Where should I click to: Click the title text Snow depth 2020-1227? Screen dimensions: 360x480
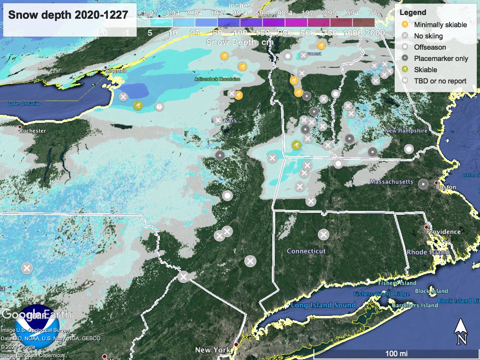click(68, 15)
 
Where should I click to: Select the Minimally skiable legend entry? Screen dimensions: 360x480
click(440, 24)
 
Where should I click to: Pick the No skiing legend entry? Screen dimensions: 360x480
click(428, 36)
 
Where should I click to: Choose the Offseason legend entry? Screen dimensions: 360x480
click(430, 47)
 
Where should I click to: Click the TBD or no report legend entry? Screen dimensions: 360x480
click(440, 81)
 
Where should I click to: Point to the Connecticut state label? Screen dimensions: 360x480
click(306, 251)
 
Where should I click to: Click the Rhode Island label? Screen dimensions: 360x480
click(427, 252)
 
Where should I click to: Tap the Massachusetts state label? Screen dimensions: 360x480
click(391, 181)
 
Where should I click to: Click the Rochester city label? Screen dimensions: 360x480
click(32, 131)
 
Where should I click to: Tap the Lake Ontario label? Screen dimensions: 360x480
click(23, 104)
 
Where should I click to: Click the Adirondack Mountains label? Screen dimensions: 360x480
click(217, 79)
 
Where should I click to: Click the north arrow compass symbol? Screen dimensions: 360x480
click(461, 330)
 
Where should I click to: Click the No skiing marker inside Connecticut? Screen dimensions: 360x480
click(323, 234)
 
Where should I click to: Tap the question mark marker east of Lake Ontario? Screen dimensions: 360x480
click(159, 107)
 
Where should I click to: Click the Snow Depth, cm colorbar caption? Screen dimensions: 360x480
click(232, 42)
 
